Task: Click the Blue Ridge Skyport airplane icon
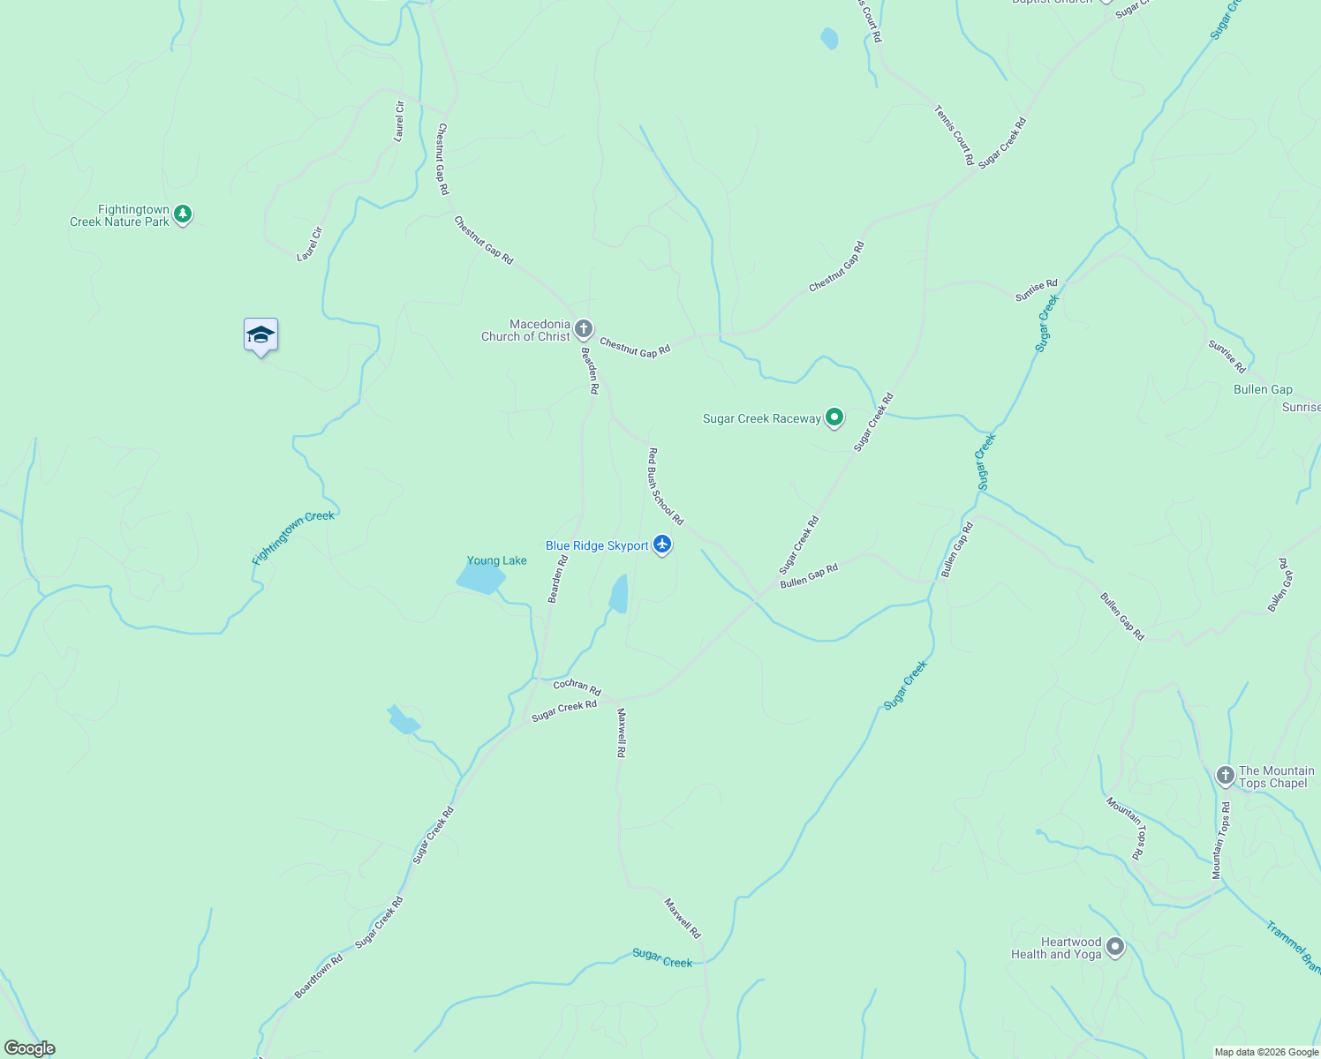click(662, 545)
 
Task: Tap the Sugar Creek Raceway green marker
click(834, 417)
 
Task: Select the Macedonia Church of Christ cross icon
click(583, 329)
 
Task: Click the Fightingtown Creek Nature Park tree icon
click(183, 214)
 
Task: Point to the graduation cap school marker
click(260, 335)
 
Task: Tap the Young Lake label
click(496, 560)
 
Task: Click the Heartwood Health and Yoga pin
click(1115, 948)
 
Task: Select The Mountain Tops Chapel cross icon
click(1225, 776)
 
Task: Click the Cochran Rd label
click(577, 686)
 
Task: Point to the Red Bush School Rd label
click(666, 486)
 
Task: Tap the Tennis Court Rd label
click(954, 135)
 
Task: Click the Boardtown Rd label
click(318, 976)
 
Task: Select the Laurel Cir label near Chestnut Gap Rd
click(399, 122)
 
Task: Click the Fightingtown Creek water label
click(293, 537)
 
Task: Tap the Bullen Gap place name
click(1263, 389)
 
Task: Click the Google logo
click(30, 1048)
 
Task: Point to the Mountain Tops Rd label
click(1220, 840)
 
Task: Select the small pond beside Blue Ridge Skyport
click(619, 594)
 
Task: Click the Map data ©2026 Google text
click(1266, 1052)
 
